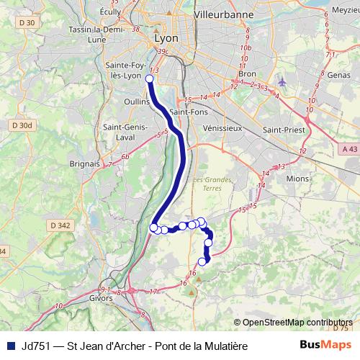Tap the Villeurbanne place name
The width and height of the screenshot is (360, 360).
(222, 14)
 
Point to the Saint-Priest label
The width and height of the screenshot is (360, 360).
(282, 129)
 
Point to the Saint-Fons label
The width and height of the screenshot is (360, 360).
(189, 112)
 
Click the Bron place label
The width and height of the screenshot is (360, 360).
(247, 74)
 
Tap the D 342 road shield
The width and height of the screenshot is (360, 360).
(61, 225)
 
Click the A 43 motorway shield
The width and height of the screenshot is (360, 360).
(350, 148)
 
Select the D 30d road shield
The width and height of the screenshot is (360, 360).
(22, 125)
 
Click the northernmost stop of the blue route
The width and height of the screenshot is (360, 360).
(150, 79)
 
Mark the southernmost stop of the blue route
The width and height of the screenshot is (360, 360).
(202, 261)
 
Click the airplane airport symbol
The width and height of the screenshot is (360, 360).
(281, 81)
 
